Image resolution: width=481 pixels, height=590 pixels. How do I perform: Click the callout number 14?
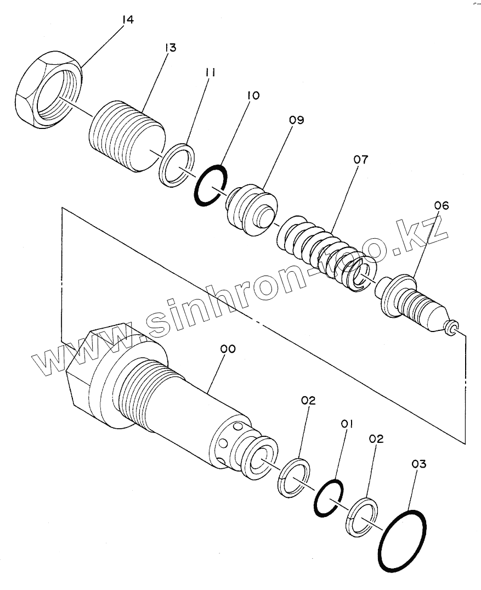pos(127,20)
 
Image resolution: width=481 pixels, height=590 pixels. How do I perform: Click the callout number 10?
pos(253,96)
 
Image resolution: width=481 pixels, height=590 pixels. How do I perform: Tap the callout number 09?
pos(297,120)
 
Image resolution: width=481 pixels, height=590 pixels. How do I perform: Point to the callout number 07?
pos(360,160)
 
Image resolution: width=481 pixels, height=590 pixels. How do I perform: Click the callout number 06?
pos(441,206)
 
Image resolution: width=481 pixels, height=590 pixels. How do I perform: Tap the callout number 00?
pos(228,349)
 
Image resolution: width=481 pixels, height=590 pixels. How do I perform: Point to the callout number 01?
pos(346,424)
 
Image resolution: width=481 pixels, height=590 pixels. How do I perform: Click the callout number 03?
pos(418,464)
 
